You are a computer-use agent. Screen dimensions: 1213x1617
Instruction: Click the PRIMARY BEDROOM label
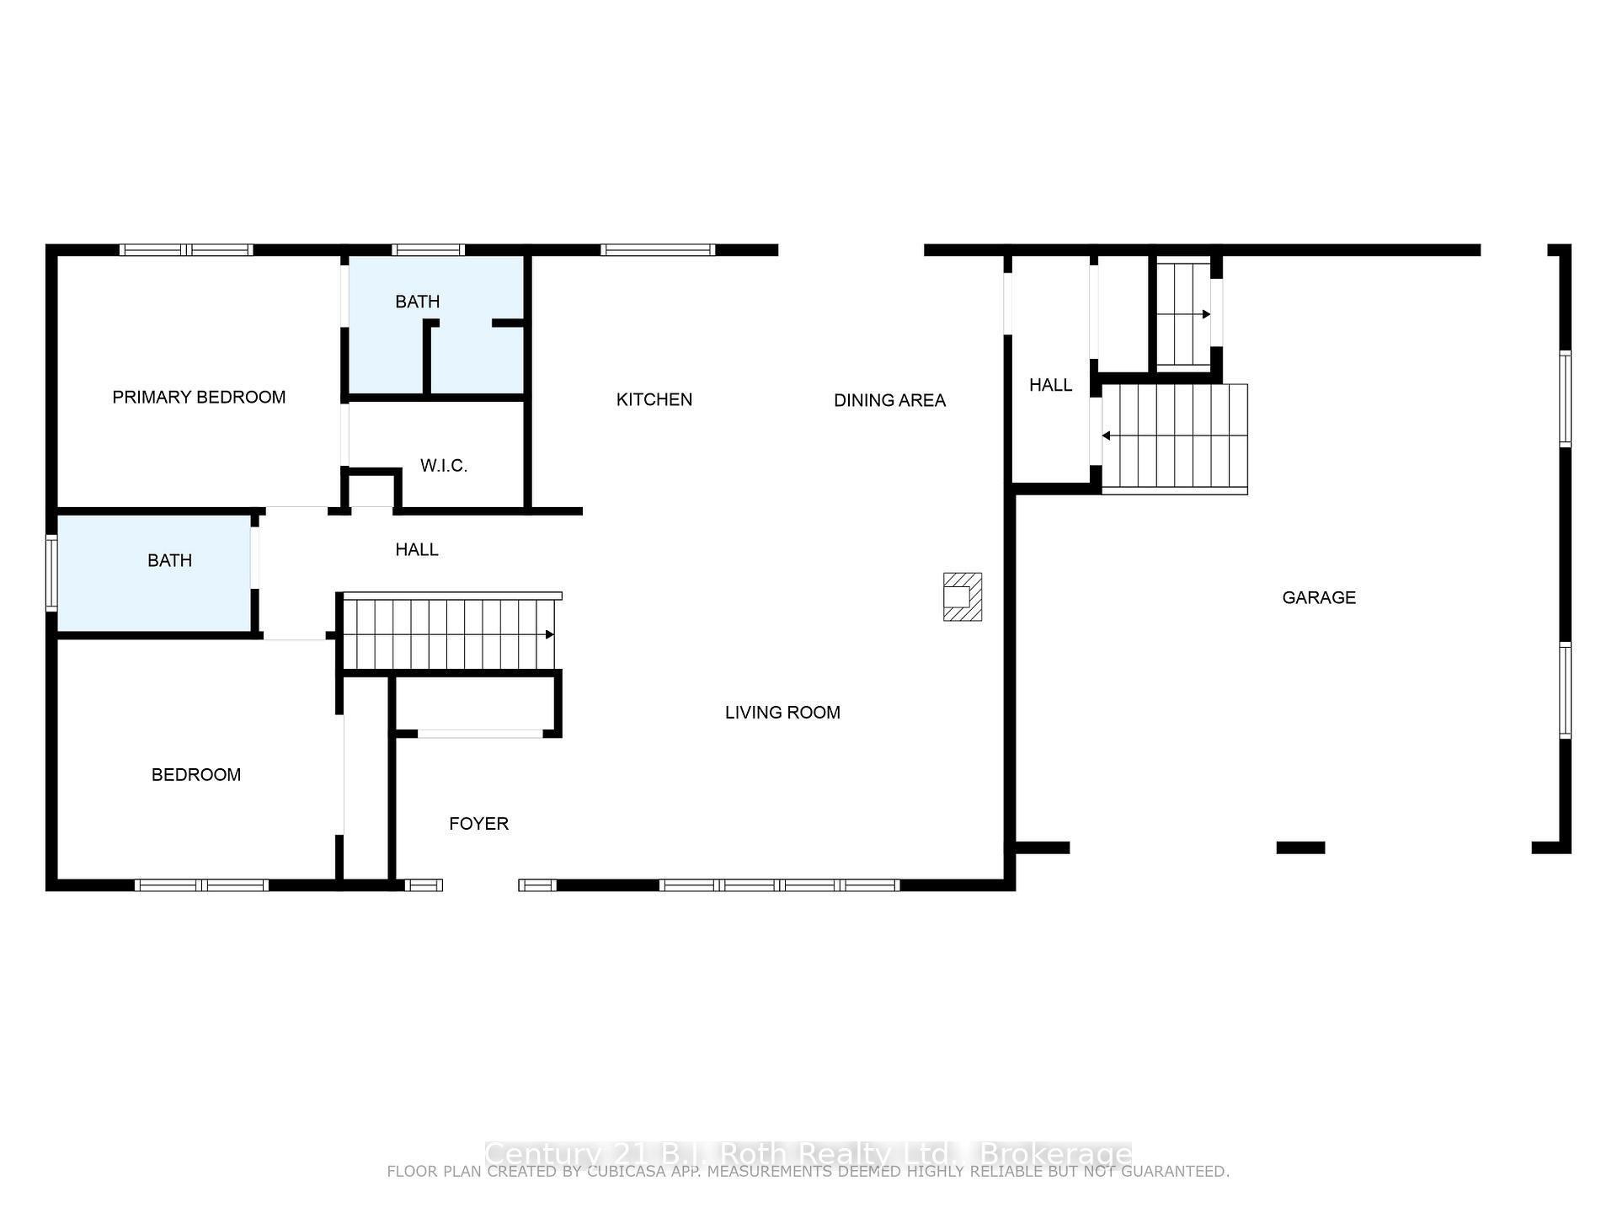tap(199, 397)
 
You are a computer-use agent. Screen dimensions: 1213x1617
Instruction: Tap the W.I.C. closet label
tap(444, 466)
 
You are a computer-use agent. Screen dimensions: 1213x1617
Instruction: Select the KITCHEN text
tap(654, 399)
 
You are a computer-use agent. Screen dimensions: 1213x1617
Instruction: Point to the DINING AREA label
tap(889, 400)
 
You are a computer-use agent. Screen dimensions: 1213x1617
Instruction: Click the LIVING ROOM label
tap(782, 713)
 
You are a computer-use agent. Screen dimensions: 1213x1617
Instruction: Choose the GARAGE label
tap(1319, 597)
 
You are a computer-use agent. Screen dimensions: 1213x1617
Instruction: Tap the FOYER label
tap(478, 823)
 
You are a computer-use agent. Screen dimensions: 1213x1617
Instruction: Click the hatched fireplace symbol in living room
tap(962, 596)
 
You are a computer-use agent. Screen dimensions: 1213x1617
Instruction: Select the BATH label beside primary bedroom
tap(418, 302)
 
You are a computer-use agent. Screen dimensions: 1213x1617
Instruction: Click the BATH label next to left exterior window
tap(169, 560)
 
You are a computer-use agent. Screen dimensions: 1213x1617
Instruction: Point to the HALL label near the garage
tap(1050, 385)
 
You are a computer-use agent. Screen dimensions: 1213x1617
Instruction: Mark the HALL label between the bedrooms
tap(417, 549)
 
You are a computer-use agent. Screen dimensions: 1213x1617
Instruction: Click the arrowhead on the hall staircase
tap(550, 634)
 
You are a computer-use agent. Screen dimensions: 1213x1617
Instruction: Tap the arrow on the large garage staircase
tap(1107, 436)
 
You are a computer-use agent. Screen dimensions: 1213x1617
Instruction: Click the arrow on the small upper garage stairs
tap(1206, 314)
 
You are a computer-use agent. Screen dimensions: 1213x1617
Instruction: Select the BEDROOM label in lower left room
tap(196, 774)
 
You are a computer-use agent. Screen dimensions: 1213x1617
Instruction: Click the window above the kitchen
tap(657, 249)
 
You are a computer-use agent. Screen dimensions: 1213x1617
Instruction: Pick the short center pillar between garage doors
tap(1300, 847)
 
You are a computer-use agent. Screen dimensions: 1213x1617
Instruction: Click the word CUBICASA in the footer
tap(622, 1172)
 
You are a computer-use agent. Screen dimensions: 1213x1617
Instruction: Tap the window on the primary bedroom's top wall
tap(186, 249)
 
